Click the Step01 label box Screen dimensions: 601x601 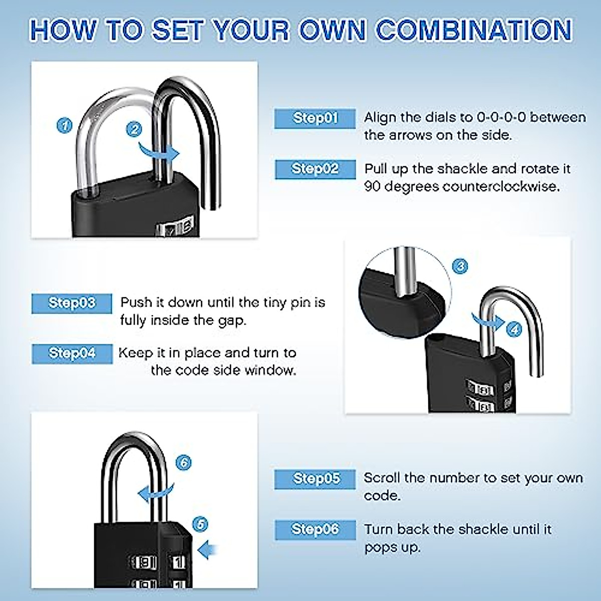pos(315,119)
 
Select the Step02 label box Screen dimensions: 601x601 pos(315,169)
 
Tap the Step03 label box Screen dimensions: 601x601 pos(72,304)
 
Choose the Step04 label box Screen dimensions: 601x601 pos(72,354)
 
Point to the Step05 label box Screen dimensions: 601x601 pos(315,479)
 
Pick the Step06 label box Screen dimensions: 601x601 pos(315,530)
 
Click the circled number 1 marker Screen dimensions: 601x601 pos(64,125)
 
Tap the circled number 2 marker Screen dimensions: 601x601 pos(134,129)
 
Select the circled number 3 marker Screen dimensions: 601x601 pos(460,266)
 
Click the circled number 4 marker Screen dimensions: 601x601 pos(514,329)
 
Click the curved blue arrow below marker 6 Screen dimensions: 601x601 pos(156,492)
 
